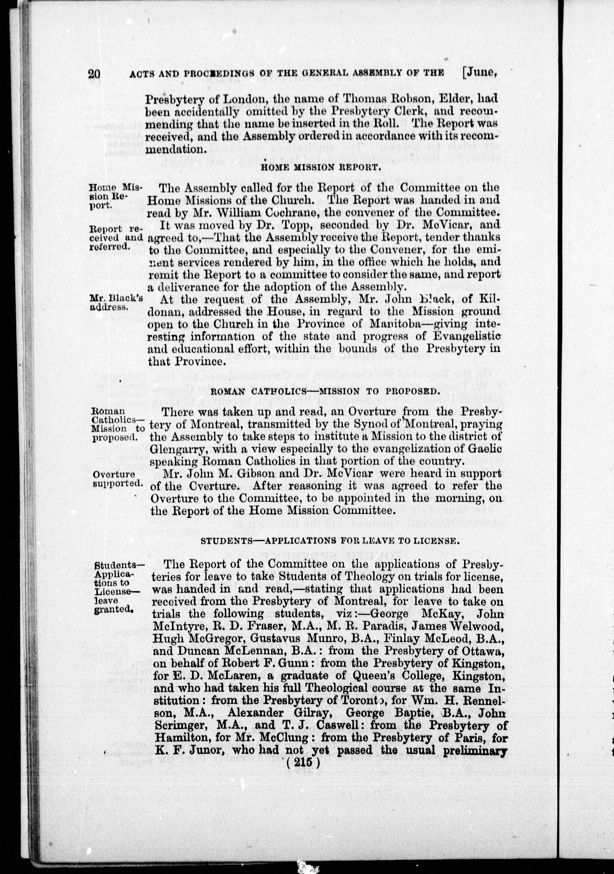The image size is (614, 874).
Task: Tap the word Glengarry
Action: pos(178,449)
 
